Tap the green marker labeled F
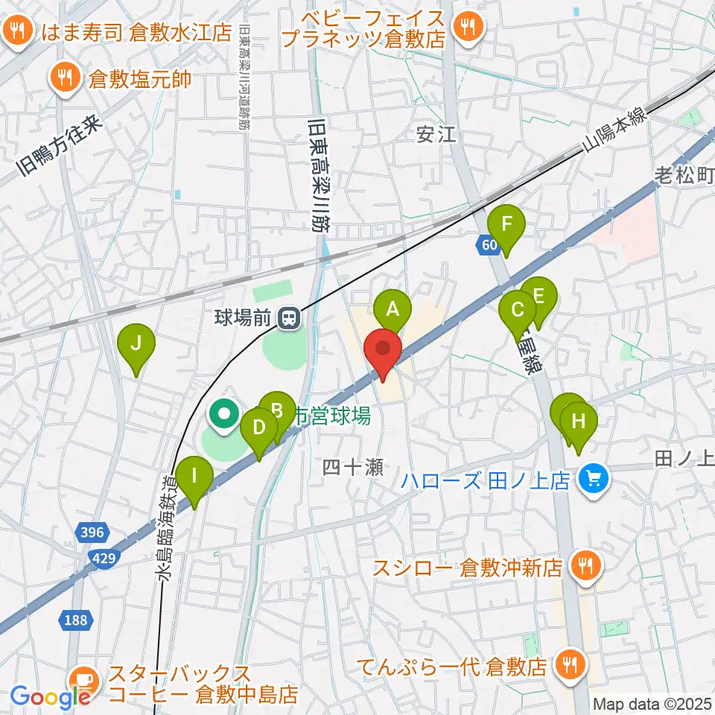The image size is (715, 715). [506, 224]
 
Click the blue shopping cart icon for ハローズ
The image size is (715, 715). [594, 477]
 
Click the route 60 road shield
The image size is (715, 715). [489, 244]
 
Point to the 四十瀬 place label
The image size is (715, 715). [352, 467]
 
